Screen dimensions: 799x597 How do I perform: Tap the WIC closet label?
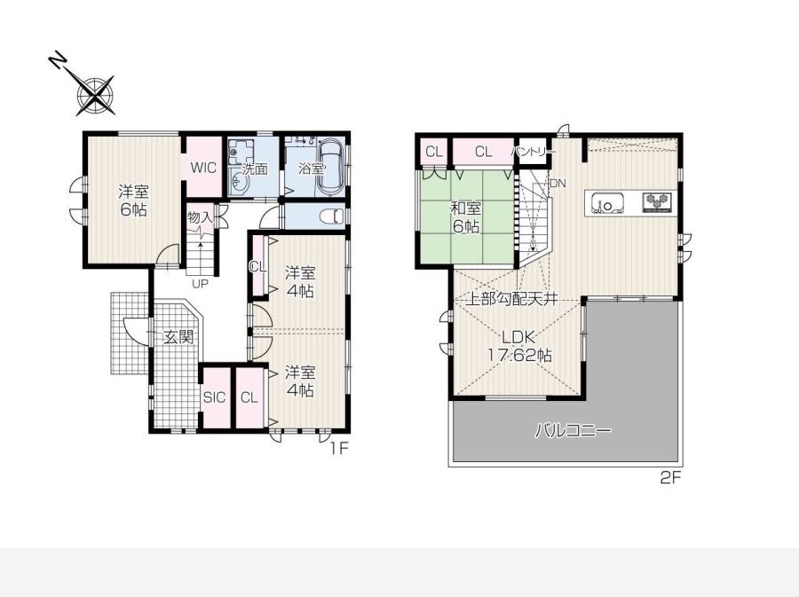pyautogui.click(x=204, y=168)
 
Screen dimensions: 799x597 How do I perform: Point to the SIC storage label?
pyautogui.click(x=214, y=397)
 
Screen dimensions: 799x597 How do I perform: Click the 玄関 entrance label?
pyautogui.click(x=178, y=336)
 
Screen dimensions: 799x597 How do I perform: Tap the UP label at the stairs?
pyautogui.click(x=200, y=284)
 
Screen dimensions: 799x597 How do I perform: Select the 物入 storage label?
pyautogui.click(x=200, y=217)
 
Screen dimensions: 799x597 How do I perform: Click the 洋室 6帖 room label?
pyautogui.click(x=133, y=200)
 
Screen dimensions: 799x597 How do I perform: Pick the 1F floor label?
pyautogui.click(x=339, y=448)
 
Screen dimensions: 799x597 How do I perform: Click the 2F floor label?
pyautogui.click(x=670, y=477)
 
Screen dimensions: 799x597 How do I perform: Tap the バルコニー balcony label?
pyautogui.click(x=573, y=431)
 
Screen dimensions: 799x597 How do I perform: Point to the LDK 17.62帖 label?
pyautogui.click(x=519, y=346)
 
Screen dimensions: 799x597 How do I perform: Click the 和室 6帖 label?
pyautogui.click(x=466, y=216)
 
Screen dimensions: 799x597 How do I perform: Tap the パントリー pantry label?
pyautogui.click(x=534, y=152)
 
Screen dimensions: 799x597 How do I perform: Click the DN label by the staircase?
pyautogui.click(x=558, y=184)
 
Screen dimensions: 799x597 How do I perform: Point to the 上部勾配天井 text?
pyautogui.click(x=513, y=299)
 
